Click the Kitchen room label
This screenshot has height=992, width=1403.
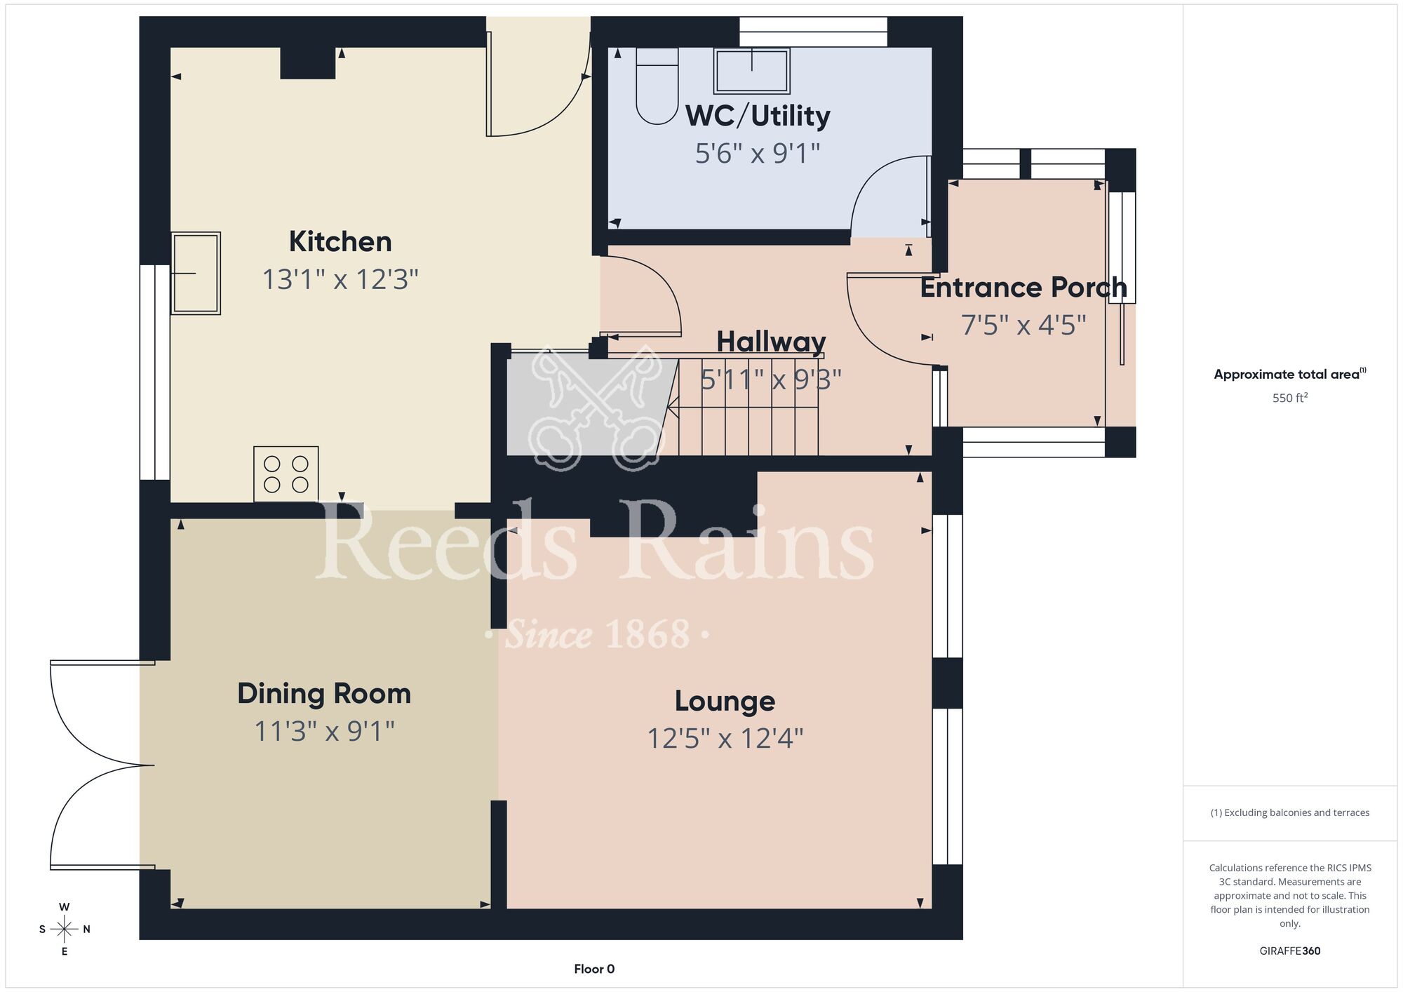click(x=340, y=241)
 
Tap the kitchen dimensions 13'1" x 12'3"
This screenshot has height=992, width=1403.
click(x=340, y=279)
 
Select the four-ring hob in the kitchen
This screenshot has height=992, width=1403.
click(x=286, y=474)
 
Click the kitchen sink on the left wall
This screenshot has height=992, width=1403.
click(x=196, y=273)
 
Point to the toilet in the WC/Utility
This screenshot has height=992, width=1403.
click(x=657, y=86)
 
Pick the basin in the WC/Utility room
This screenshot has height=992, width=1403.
click(x=751, y=70)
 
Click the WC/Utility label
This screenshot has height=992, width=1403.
click(x=758, y=116)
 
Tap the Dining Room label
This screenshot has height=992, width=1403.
click(x=324, y=694)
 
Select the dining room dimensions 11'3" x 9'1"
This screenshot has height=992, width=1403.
click(x=324, y=731)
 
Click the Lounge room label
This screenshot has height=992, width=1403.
click(x=725, y=701)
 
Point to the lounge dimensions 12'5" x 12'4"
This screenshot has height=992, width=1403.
click(x=725, y=739)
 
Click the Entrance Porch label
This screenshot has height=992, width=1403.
click(x=1023, y=288)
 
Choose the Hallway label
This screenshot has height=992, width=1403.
click(x=771, y=342)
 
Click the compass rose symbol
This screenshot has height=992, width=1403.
click(x=64, y=930)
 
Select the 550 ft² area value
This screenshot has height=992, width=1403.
click(x=1290, y=398)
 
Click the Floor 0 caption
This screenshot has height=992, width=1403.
click(x=594, y=969)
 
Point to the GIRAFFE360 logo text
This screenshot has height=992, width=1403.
click(x=1290, y=951)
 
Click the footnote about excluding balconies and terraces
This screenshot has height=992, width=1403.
click(x=1290, y=812)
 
